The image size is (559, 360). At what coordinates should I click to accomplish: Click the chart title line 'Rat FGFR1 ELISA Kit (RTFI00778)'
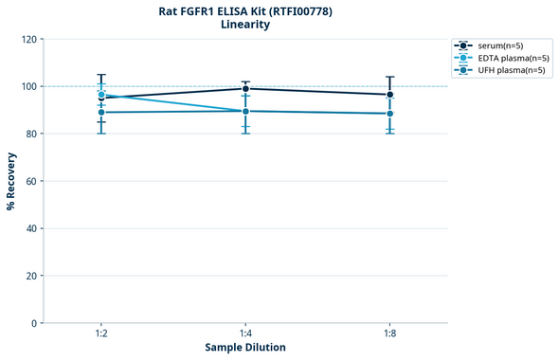(245, 11)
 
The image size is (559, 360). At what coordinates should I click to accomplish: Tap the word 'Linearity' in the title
(245, 25)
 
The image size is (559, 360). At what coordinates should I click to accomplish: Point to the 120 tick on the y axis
(28, 39)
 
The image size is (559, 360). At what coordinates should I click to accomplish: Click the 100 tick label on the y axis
(28, 86)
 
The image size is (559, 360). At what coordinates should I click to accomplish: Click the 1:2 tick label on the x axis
(101, 334)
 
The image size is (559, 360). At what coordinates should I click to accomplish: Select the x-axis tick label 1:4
(245, 334)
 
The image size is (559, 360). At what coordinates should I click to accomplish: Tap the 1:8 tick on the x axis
(389, 334)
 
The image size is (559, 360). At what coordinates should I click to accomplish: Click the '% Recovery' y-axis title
(11, 180)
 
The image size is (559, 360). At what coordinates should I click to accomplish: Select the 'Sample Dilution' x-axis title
(245, 348)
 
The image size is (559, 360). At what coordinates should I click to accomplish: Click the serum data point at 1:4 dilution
(245, 89)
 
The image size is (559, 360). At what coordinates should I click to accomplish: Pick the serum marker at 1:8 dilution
(389, 95)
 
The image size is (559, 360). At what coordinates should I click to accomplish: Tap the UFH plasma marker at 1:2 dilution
(101, 113)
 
